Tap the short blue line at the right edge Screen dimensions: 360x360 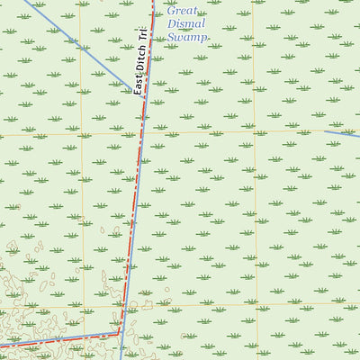point(342,134)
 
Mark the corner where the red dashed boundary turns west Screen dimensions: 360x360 point(119,332)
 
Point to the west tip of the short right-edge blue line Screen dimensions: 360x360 point(324,131)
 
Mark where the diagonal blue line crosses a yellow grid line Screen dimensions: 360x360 point(80,40)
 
